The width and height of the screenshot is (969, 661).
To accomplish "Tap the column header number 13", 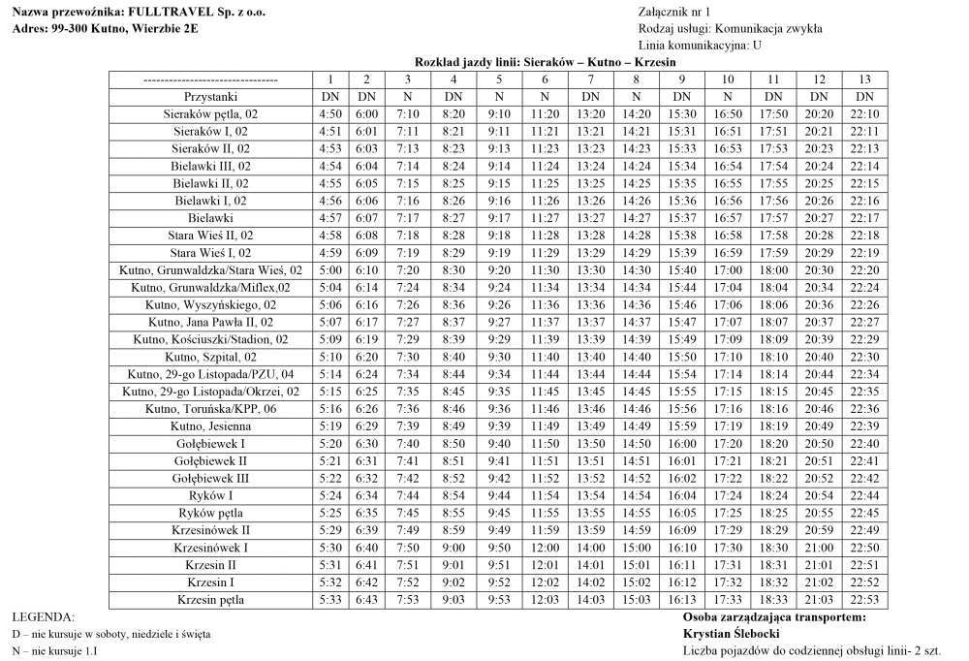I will coord(864,79).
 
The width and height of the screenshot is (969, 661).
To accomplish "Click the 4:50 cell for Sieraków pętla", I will coord(330,114).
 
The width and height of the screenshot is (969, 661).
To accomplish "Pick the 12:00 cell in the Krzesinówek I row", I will coord(545,548).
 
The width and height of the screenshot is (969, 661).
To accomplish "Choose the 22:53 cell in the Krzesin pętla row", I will coord(864,600).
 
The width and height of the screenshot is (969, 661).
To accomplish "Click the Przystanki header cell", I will coord(210,97).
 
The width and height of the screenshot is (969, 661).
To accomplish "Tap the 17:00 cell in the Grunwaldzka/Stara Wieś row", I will coord(728,270).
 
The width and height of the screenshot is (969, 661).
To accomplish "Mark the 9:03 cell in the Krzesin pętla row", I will coord(453,600).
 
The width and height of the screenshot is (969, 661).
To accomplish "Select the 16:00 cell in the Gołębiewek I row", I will coord(682,444).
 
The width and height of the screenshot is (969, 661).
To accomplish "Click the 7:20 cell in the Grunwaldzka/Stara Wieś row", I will coord(408,270).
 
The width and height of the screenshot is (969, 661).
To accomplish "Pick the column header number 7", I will coord(590,79).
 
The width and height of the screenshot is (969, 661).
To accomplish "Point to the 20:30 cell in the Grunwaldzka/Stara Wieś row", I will coord(819,270).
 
